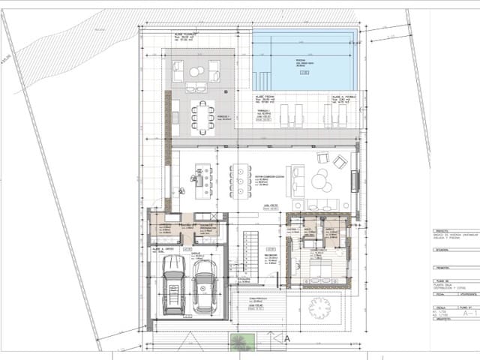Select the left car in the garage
click(174, 286)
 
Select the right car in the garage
click(203, 290)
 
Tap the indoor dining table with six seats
click(239, 180)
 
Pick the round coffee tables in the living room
click(322, 181)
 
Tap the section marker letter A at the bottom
click(286, 339)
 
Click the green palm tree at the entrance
click(239, 343)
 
